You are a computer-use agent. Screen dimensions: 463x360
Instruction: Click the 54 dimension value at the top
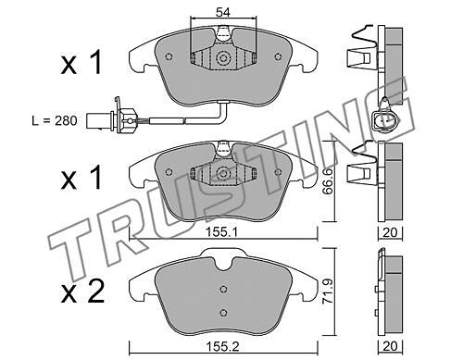click(223, 13)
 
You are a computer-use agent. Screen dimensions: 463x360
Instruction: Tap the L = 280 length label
click(55, 121)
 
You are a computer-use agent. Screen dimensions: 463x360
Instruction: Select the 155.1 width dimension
click(221, 232)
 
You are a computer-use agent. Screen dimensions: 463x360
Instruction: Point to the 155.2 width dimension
click(223, 346)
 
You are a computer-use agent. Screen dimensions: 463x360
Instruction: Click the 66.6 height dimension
click(327, 181)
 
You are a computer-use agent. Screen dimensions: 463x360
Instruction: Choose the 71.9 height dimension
click(328, 292)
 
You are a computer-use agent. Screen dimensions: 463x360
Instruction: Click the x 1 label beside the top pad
click(81, 63)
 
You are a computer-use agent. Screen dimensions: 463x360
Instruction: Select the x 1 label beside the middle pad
click(81, 178)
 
